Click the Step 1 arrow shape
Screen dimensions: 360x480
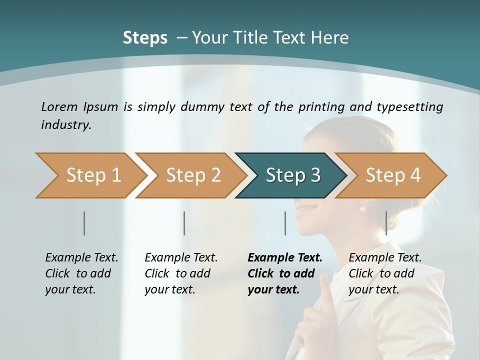90,175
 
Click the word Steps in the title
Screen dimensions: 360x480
145,38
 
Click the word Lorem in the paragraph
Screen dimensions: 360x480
59,106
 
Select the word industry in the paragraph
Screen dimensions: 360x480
65,125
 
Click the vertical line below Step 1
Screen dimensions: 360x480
84,223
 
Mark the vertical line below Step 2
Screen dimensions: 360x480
184,223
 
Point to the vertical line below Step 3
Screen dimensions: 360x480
285,223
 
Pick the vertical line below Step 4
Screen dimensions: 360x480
386,223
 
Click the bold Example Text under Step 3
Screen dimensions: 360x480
285,258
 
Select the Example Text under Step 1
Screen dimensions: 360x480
81,258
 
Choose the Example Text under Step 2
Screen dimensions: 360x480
181,258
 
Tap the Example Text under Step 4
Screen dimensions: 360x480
385,258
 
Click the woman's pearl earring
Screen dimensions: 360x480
363,208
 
